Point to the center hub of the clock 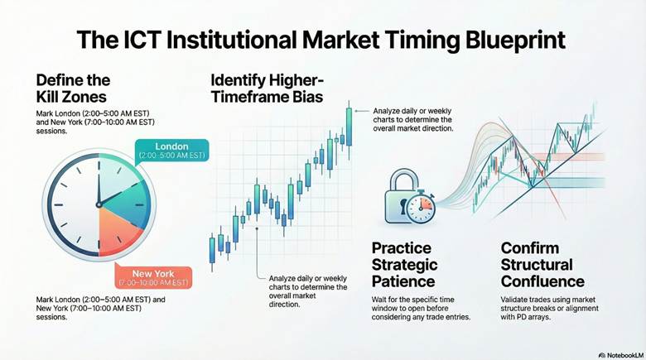(x=98, y=203)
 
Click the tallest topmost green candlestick (x=349, y=127)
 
